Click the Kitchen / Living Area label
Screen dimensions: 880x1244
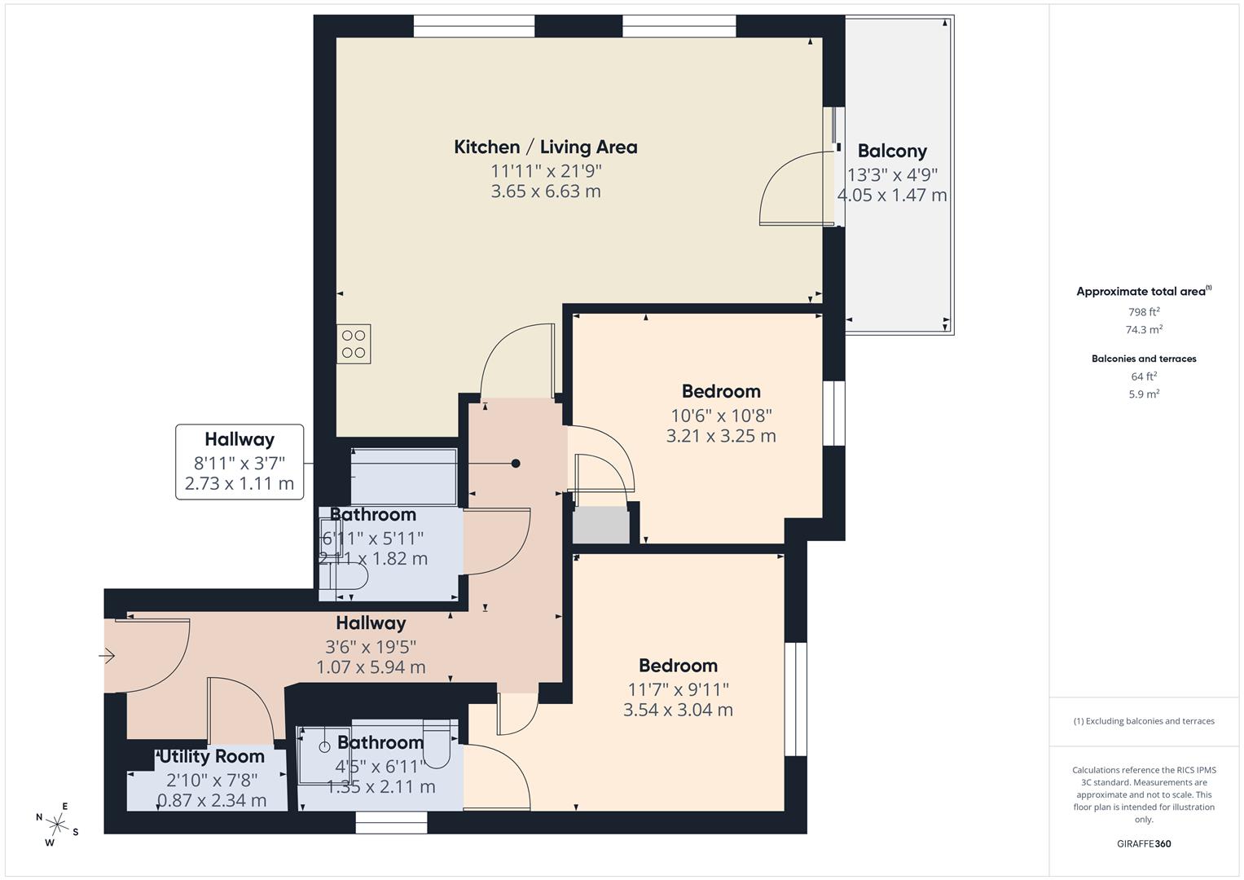coord(545,147)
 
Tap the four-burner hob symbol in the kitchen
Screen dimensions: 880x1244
coord(354,344)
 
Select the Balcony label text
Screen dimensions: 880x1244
coord(892,152)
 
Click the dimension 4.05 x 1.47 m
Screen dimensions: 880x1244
coord(892,196)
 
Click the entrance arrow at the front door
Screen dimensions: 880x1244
coord(108,655)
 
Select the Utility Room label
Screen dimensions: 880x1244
coord(212,757)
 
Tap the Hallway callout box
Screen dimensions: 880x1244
coord(240,462)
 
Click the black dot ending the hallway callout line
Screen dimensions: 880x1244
coord(516,464)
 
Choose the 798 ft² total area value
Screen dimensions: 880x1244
coord(1144,312)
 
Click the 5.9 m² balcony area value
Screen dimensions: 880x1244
coord(1144,394)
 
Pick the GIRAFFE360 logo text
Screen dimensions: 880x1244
coord(1144,844)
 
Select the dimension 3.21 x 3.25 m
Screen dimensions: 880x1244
coord(721,436)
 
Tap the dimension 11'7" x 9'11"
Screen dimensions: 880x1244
coord(678,689)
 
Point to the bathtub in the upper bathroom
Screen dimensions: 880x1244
coord(403,476)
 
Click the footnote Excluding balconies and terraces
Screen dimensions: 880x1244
coord(1144,721)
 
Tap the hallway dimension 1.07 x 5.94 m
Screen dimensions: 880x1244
coord(371,667)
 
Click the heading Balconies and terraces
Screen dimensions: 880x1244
coord(1144,359)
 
